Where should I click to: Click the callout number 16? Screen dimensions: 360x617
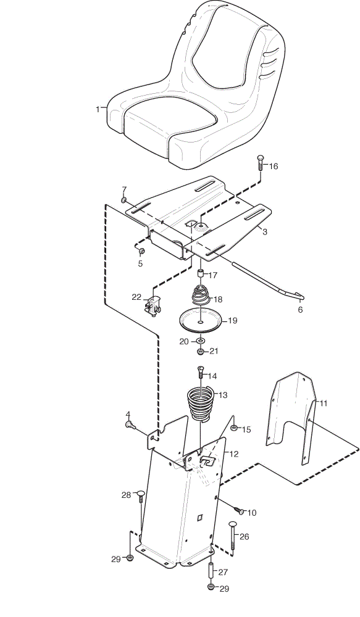[274, 167]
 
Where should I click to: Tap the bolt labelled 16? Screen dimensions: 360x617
[261, 162]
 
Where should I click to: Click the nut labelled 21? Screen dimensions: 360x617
[201, 350]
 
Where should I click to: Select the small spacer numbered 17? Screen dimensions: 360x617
[201, 274]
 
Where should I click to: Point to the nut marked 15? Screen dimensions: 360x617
[233, 428]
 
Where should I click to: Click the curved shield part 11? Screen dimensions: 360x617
[291, 417]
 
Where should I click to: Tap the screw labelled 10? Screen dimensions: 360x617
[239, 510]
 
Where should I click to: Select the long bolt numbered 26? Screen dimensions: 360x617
[232, 536]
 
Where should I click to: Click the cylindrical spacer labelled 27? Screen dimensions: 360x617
[211, 571]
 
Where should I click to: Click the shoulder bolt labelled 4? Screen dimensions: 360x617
[130, 424]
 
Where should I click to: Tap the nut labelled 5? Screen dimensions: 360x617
[142, 251]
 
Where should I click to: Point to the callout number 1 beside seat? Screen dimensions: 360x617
[98, 109]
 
